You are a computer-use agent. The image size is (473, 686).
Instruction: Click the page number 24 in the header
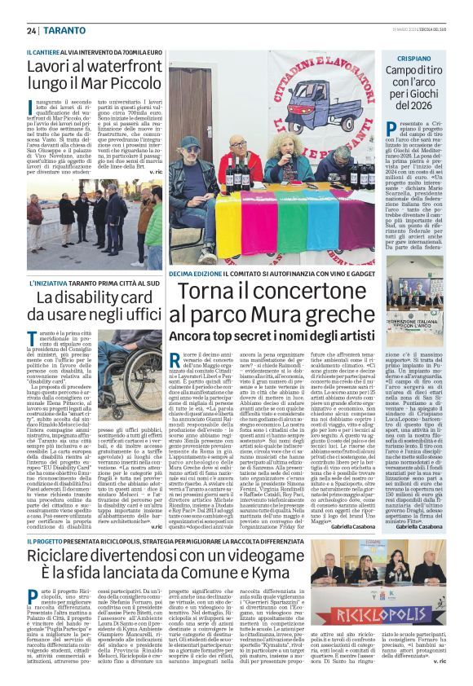(31, 30)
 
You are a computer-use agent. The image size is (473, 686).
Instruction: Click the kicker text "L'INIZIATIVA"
(49, 282)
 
